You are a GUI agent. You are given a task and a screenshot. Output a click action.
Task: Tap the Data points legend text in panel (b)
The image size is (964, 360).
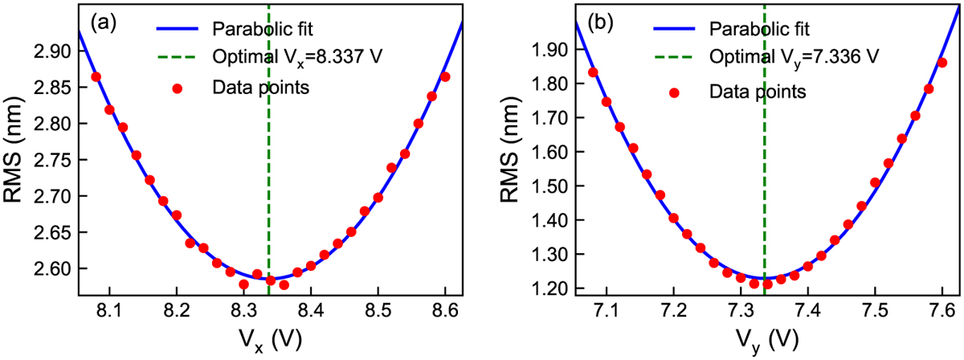(756, 92)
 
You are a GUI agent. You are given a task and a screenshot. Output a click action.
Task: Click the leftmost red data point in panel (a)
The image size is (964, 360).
(96, 77)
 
